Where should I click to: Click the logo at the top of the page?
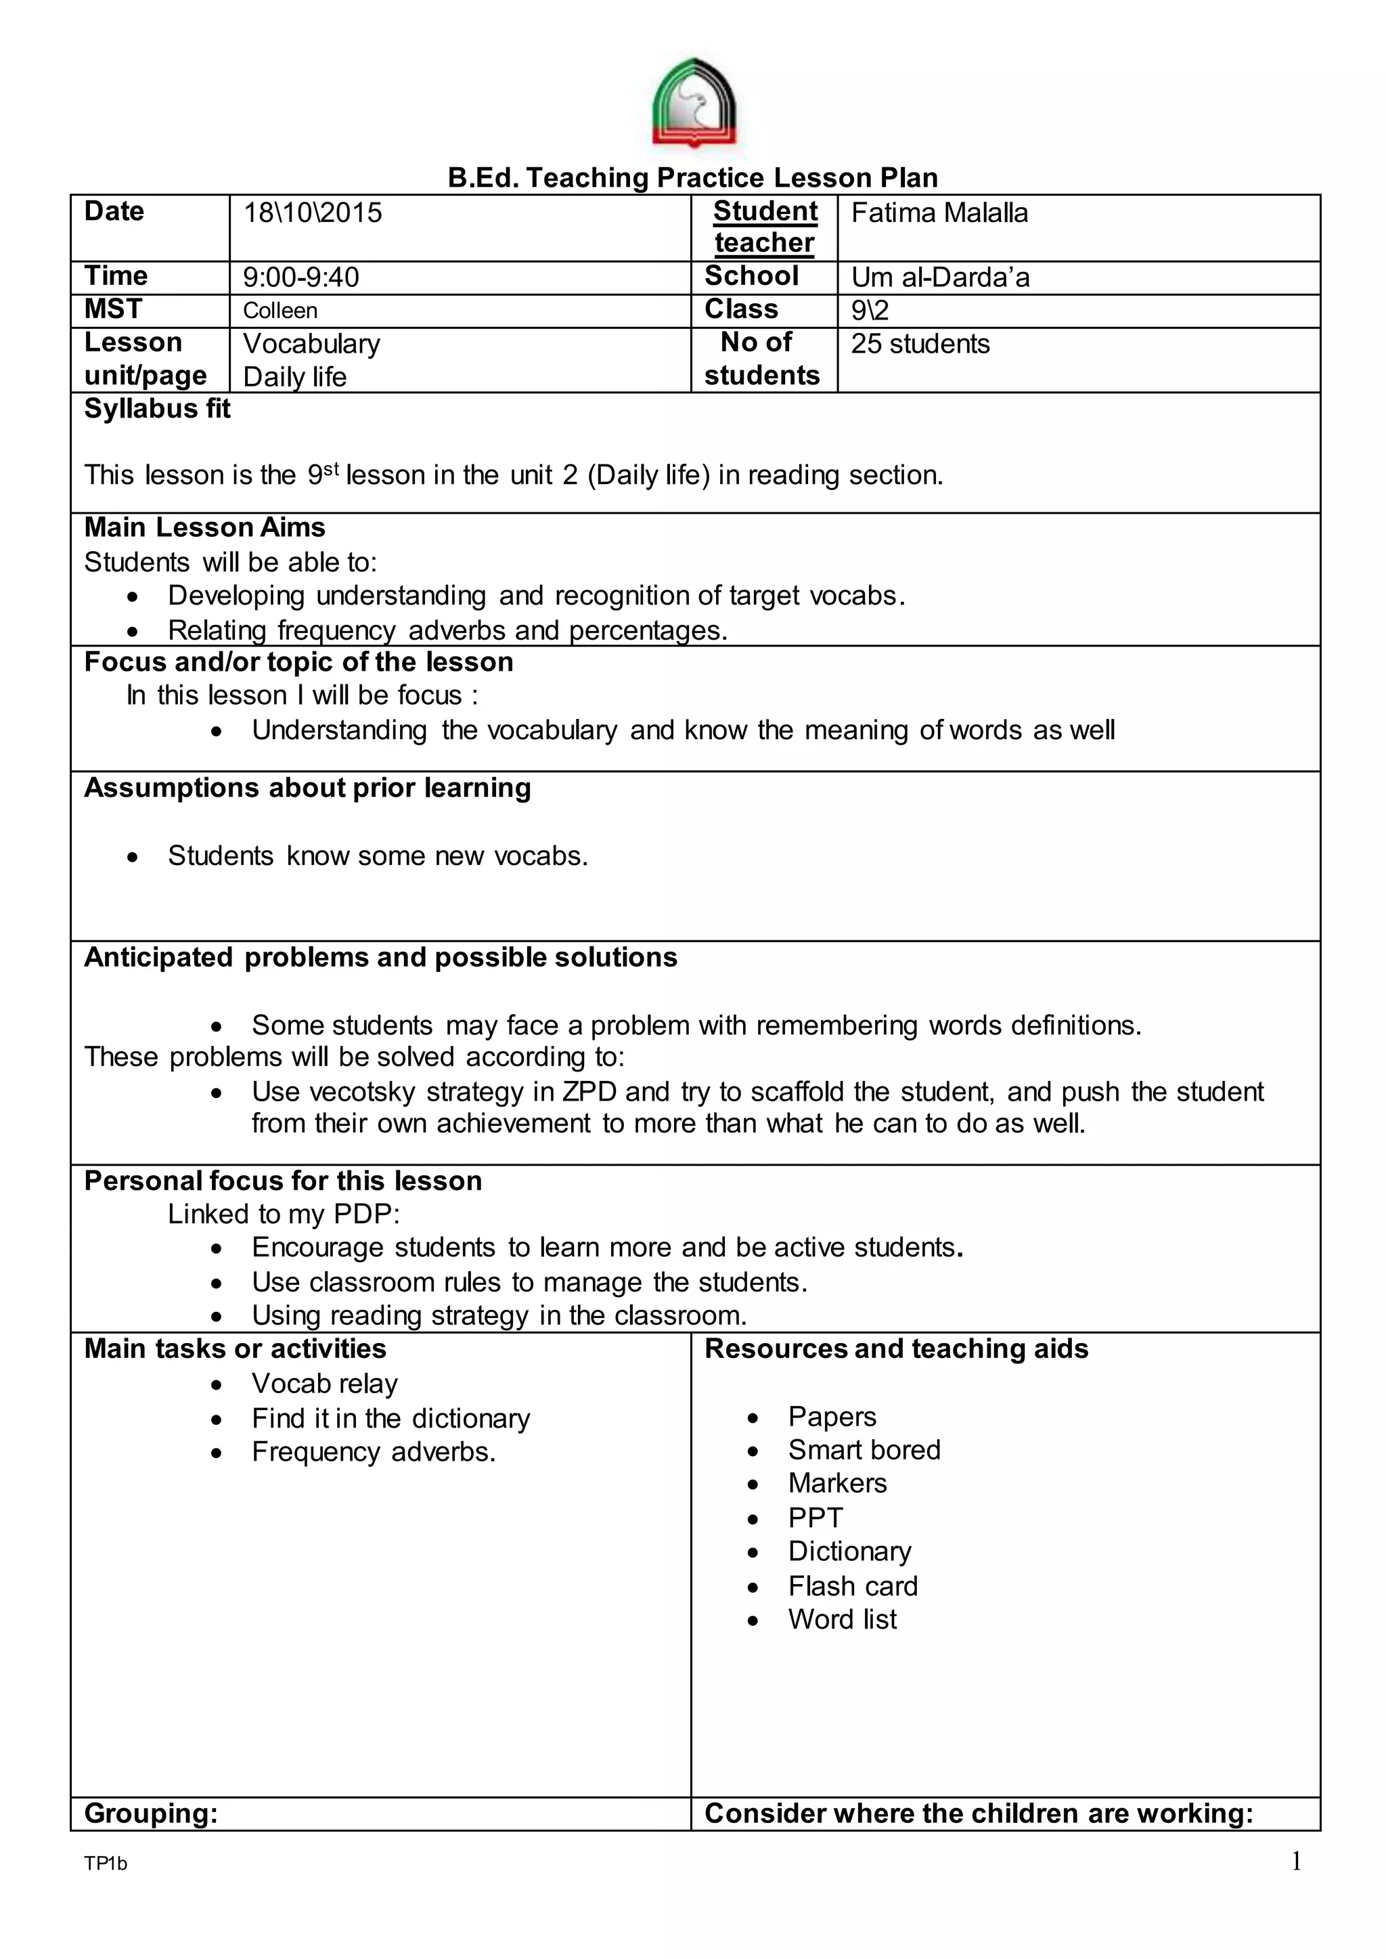693,104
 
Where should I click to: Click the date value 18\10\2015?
313,213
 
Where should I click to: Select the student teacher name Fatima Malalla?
939,213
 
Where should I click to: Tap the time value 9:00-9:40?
300,278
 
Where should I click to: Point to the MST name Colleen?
280,311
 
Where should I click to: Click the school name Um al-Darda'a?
939,278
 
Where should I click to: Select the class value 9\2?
869,311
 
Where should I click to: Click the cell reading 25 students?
920,344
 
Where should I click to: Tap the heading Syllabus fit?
157,409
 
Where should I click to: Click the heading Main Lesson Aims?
205,527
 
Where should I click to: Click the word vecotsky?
362,1092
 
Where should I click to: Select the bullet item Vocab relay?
324,1383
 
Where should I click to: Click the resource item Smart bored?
864,1449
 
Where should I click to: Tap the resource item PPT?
815,1518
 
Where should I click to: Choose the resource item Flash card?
853,1586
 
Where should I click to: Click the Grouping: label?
151,1813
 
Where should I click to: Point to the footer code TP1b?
106,1864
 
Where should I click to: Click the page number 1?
1295,1861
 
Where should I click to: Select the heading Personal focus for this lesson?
282,1181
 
